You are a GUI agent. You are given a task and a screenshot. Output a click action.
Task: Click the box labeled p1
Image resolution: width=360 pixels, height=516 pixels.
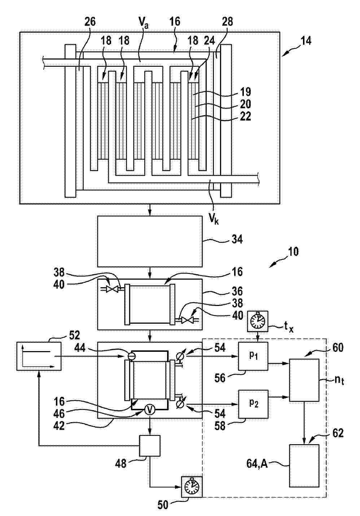point(253,356)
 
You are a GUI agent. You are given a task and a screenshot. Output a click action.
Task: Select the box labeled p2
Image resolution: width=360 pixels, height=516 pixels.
point(253,404)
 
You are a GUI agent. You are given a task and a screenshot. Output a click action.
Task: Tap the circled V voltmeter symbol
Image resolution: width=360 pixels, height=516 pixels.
point(150,410)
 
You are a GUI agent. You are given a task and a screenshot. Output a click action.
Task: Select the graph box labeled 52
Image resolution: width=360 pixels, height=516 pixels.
point(39,356)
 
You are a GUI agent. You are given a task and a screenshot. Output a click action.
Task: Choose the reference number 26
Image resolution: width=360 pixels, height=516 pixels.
point(90,22)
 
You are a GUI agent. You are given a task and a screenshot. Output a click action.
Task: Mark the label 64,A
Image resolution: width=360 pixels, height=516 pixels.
point(257,464)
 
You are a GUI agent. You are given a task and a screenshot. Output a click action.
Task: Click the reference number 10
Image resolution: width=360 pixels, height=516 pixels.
point(293,252)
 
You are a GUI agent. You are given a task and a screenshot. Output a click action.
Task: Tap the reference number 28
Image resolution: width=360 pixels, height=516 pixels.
point(227,22)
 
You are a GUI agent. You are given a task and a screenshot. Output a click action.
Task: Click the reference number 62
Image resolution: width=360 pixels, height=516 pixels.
point(338,433)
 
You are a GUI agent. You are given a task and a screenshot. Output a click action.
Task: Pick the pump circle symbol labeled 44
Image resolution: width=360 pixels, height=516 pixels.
point(132,356)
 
